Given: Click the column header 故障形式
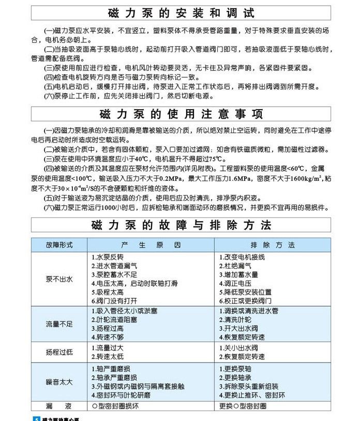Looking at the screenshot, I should (59, 245).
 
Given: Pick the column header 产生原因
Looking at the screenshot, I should (151, 245).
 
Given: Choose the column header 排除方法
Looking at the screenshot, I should (273, 245).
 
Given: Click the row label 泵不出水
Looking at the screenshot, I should (59, 279).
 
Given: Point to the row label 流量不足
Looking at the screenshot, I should (59, 324).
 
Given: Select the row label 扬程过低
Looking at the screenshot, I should (59, 352).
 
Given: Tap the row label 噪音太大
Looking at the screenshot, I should (59, 382).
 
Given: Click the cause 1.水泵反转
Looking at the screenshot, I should (108, 257).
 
